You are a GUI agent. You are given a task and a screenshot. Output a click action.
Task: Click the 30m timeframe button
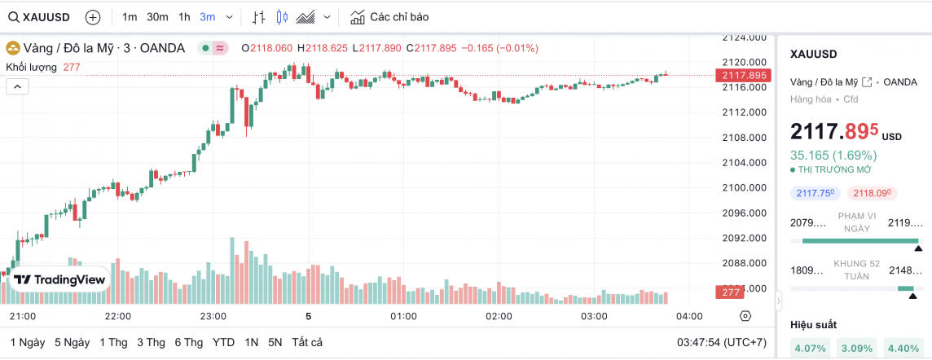coord(157,17)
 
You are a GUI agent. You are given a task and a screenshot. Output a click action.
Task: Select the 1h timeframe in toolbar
coord(184,17)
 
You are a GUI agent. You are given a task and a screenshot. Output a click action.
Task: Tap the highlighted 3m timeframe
coord(208,17)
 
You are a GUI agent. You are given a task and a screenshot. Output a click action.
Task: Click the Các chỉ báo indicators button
coord(389,17)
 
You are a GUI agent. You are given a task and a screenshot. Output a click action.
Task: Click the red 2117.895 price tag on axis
coord(741,75)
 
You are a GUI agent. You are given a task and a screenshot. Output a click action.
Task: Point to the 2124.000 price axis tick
coord(745,37)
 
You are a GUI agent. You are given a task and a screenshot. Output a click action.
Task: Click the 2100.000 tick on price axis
coord(745,188)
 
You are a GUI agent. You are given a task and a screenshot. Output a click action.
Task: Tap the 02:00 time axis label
coord(499,316)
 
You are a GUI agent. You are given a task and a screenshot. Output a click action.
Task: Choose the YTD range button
coord(224,342)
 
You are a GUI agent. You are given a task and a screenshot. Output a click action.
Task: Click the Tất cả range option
coord(307,342)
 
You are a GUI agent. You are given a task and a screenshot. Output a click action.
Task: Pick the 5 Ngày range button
coord(72,342)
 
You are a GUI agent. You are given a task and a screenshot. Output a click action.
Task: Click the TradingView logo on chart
coord(60,279)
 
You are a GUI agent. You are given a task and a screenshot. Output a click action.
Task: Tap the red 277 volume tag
coord(729,292)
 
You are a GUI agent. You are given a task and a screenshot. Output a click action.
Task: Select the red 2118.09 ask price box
coord(869,193)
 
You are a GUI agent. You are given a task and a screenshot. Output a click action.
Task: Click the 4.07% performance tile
coord(809,349)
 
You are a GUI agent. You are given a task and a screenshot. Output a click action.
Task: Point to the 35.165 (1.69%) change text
coord(833,155)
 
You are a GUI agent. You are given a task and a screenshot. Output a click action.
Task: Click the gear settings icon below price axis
coord(745,316)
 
